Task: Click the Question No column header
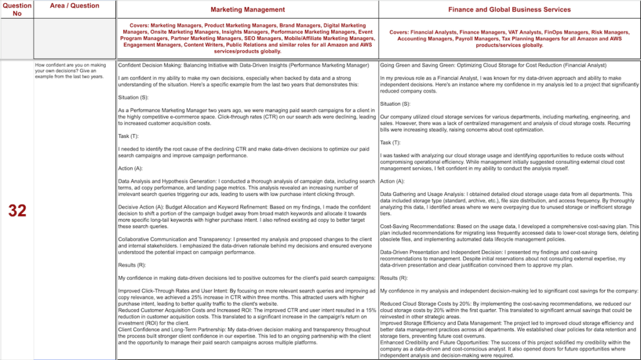click(17, 9)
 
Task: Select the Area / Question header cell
click(74, 6)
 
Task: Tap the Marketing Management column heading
click(247, 9)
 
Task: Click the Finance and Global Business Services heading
click(509, 9)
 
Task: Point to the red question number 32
click(17, 211)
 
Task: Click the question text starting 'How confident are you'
click(71, 71)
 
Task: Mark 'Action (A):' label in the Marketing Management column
click(130, 168)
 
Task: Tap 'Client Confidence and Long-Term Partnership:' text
click(172, 329)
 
